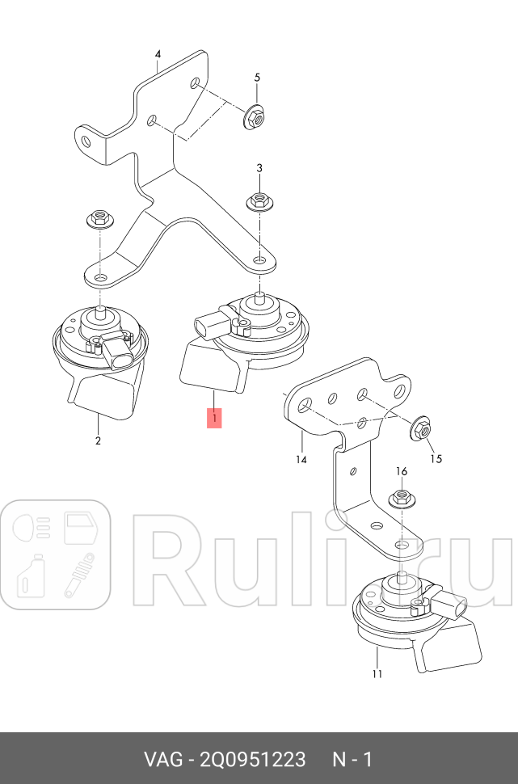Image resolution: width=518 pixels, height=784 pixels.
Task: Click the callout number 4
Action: (158, 54)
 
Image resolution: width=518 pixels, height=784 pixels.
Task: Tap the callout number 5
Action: (258, 77)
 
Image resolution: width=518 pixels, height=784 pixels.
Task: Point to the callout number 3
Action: (259, 167)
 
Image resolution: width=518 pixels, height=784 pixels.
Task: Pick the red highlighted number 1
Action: (214, 418)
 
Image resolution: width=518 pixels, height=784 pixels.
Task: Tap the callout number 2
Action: (98, 440)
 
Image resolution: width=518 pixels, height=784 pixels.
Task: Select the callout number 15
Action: (436, 459)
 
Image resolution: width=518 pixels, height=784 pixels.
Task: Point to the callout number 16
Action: (401, 471)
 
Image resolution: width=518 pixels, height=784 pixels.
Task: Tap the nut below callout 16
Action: (400, 498)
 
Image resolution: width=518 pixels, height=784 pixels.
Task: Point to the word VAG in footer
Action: (163, 759)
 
